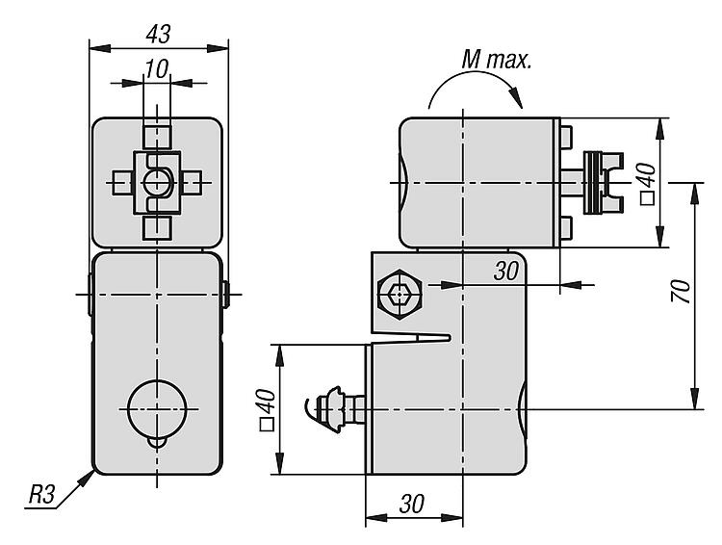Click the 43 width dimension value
click(x=158, y=34)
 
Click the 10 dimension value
click(x=157, y=69)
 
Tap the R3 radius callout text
click(x=41, y=495)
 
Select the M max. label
click(x=497, y=60)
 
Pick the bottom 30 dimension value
click(x=412, y=504)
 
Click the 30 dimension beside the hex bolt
click(x=506, y=271)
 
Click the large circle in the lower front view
click(x=158, y=409)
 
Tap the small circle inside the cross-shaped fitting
click(x=158, y=183)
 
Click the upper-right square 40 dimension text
click(x=648, y=183)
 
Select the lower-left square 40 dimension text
click(x=268, y=409)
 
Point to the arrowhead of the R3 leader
click(x=86, y=479)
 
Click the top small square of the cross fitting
click(x=158, y=137)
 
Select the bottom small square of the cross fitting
click(x=158, y=228)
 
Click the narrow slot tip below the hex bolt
click(x=449, y=338)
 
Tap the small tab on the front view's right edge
click(x=226, y=295)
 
